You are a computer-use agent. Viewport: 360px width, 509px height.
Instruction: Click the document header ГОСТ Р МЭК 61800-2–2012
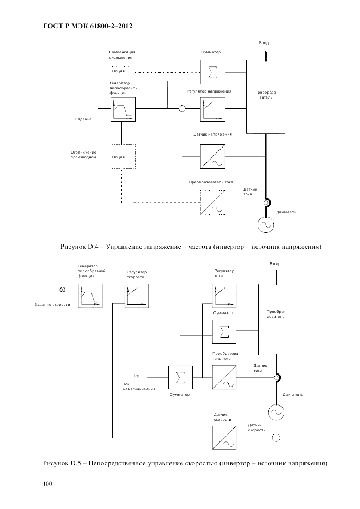click(88, 26)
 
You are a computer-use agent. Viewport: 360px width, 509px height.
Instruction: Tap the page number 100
click(47, 483)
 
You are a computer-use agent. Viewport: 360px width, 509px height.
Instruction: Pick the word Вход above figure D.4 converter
click(264, 42)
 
